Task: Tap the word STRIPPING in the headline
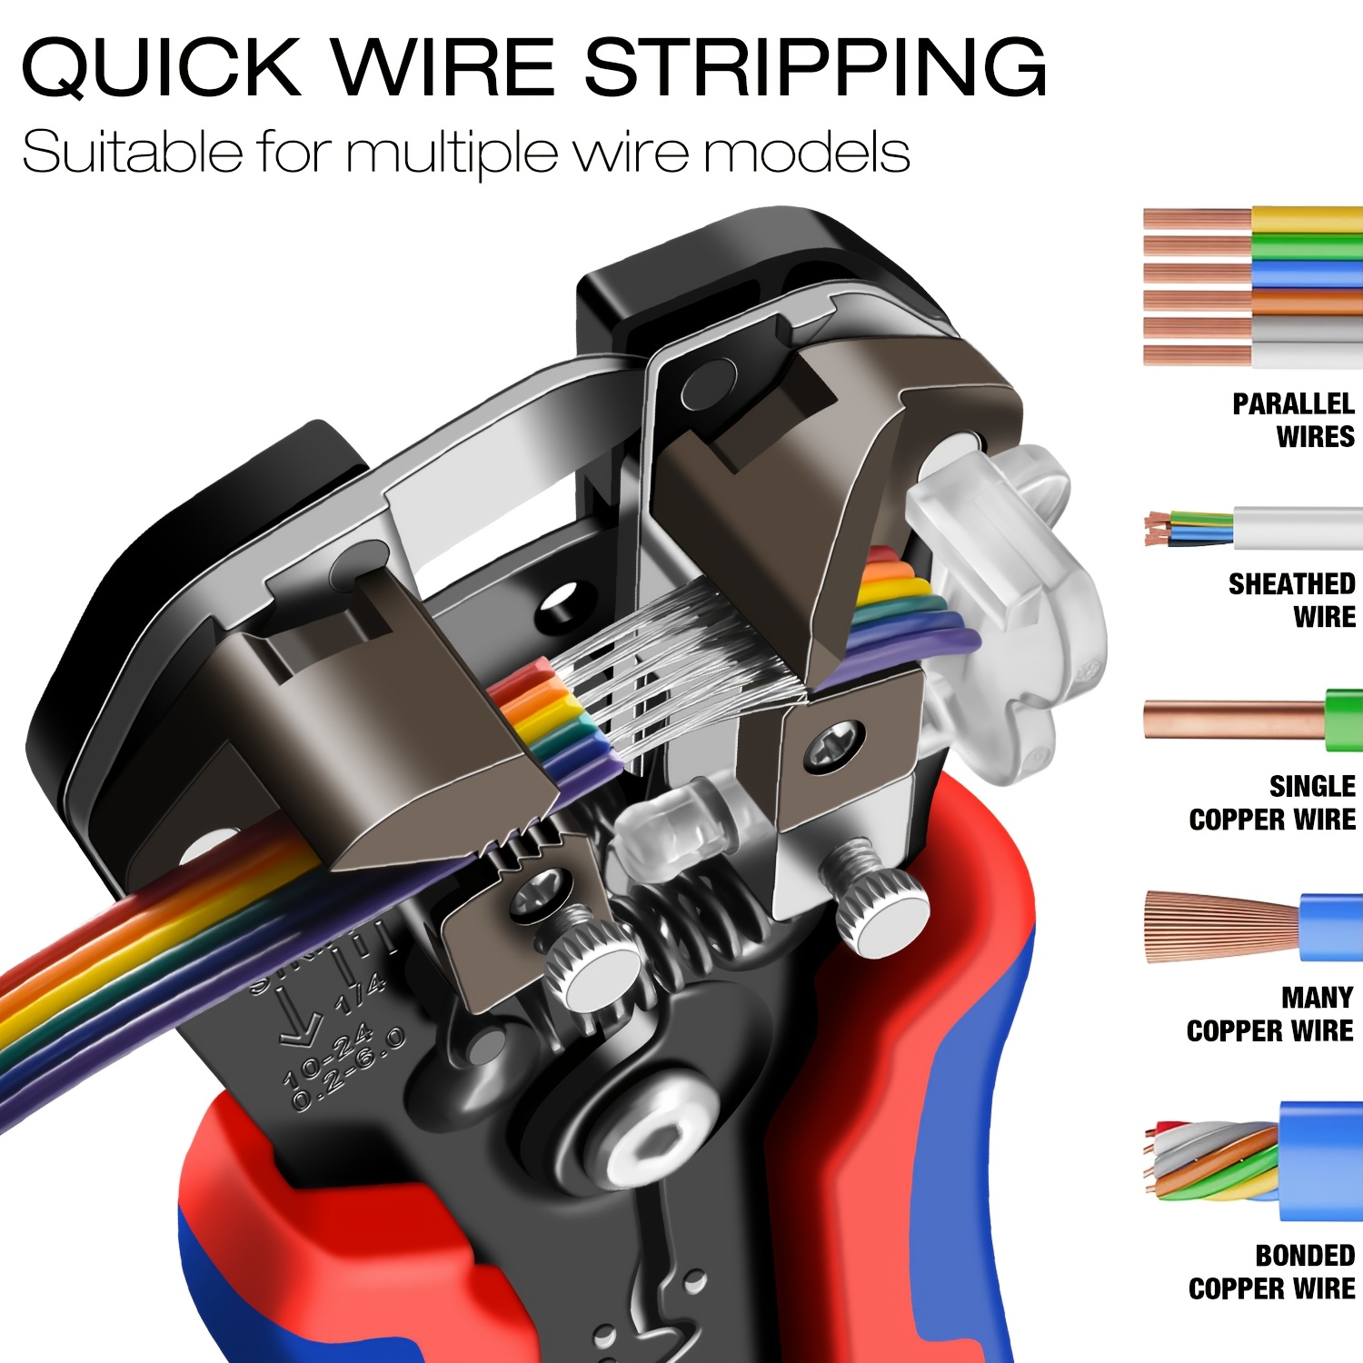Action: pyautogui.click(x=815, y=67)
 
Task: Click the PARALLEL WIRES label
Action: pyautogui.click(x=1292, y=420)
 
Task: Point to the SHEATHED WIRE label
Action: pyautogui.click(x=1291, y=600)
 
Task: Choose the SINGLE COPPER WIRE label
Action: pyautogui.click(x=1272, y=803)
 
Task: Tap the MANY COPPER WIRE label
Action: pyautogui.click(x=1270, y=1014)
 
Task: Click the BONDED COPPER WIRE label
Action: pyautogui.click(x=1272, y=1272)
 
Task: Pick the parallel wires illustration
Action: pyautogui.click(x=1252, y=287)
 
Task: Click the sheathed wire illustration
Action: pyautogui.click(x=1252, y=527)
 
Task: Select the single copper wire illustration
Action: pyautogui.click(x=1252, y=720)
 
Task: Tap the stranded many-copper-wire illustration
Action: pyautogui.click(x=1252, y=927)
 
